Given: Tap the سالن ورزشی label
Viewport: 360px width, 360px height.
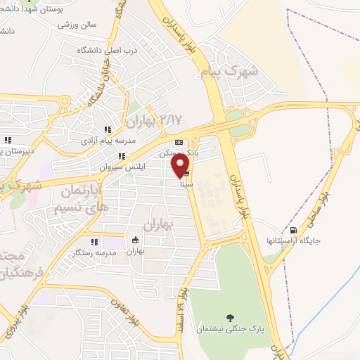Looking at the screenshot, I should click(97, 24).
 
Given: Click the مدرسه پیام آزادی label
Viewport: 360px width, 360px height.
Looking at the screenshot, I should click(107, 143).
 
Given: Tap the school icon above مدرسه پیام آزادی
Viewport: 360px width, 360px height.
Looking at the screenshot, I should click(108, 130).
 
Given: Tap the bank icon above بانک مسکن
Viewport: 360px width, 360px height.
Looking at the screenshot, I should click(179, 141).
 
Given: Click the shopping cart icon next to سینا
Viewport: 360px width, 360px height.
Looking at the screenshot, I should click(186, 174).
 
